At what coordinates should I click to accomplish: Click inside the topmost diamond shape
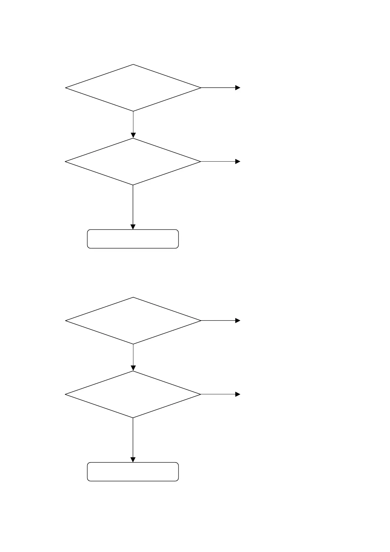click(x=133, y=88)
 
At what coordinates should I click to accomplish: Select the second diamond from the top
click(x=133, y=162)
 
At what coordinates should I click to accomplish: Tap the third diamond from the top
click(x=133, y=321)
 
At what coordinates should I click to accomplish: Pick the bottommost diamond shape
click(x=133, y=394)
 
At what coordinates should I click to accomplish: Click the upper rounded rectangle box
click(x=133, y=239)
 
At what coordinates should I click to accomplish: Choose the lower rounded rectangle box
click(x=133, y=472)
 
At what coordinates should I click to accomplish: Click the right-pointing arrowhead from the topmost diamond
click(x=238, y=88)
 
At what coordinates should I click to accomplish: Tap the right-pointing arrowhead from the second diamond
click(x=238, y=162)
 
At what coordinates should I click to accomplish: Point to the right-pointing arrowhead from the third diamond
click(x=238, y=321)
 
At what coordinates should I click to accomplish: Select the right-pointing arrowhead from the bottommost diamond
click(x=238, y=394)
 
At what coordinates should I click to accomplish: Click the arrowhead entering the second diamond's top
click(x=133, y=135)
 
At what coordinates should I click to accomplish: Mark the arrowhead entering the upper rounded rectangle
click(x=133, y=227)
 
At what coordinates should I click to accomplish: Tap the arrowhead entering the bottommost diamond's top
click(x=133, y=368)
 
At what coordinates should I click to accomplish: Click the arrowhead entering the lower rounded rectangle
click(x=133, y=460)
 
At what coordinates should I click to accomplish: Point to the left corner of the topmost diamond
click(x=66, y=88)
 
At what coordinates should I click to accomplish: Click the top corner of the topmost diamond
click(x=133, y=65)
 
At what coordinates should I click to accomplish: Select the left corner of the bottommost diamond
click(x=66, y=394)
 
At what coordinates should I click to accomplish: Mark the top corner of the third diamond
click(x=133, y=298)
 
